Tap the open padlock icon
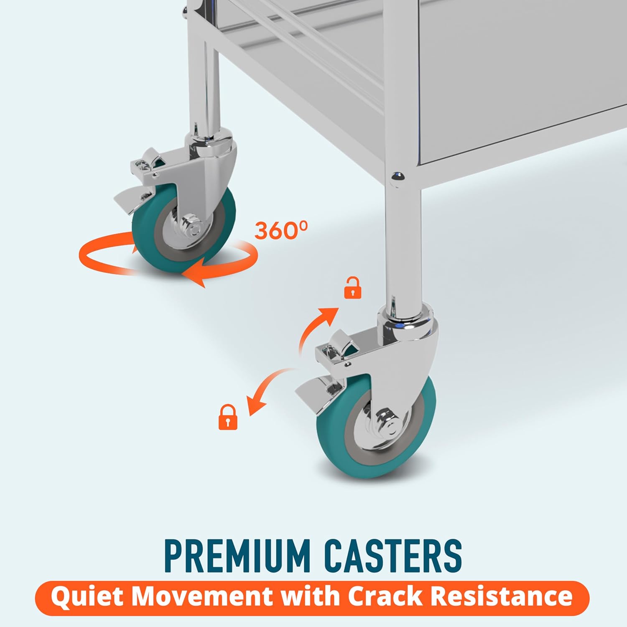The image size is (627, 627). tap(352, 288)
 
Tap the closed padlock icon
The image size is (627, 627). tap(228, 417)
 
